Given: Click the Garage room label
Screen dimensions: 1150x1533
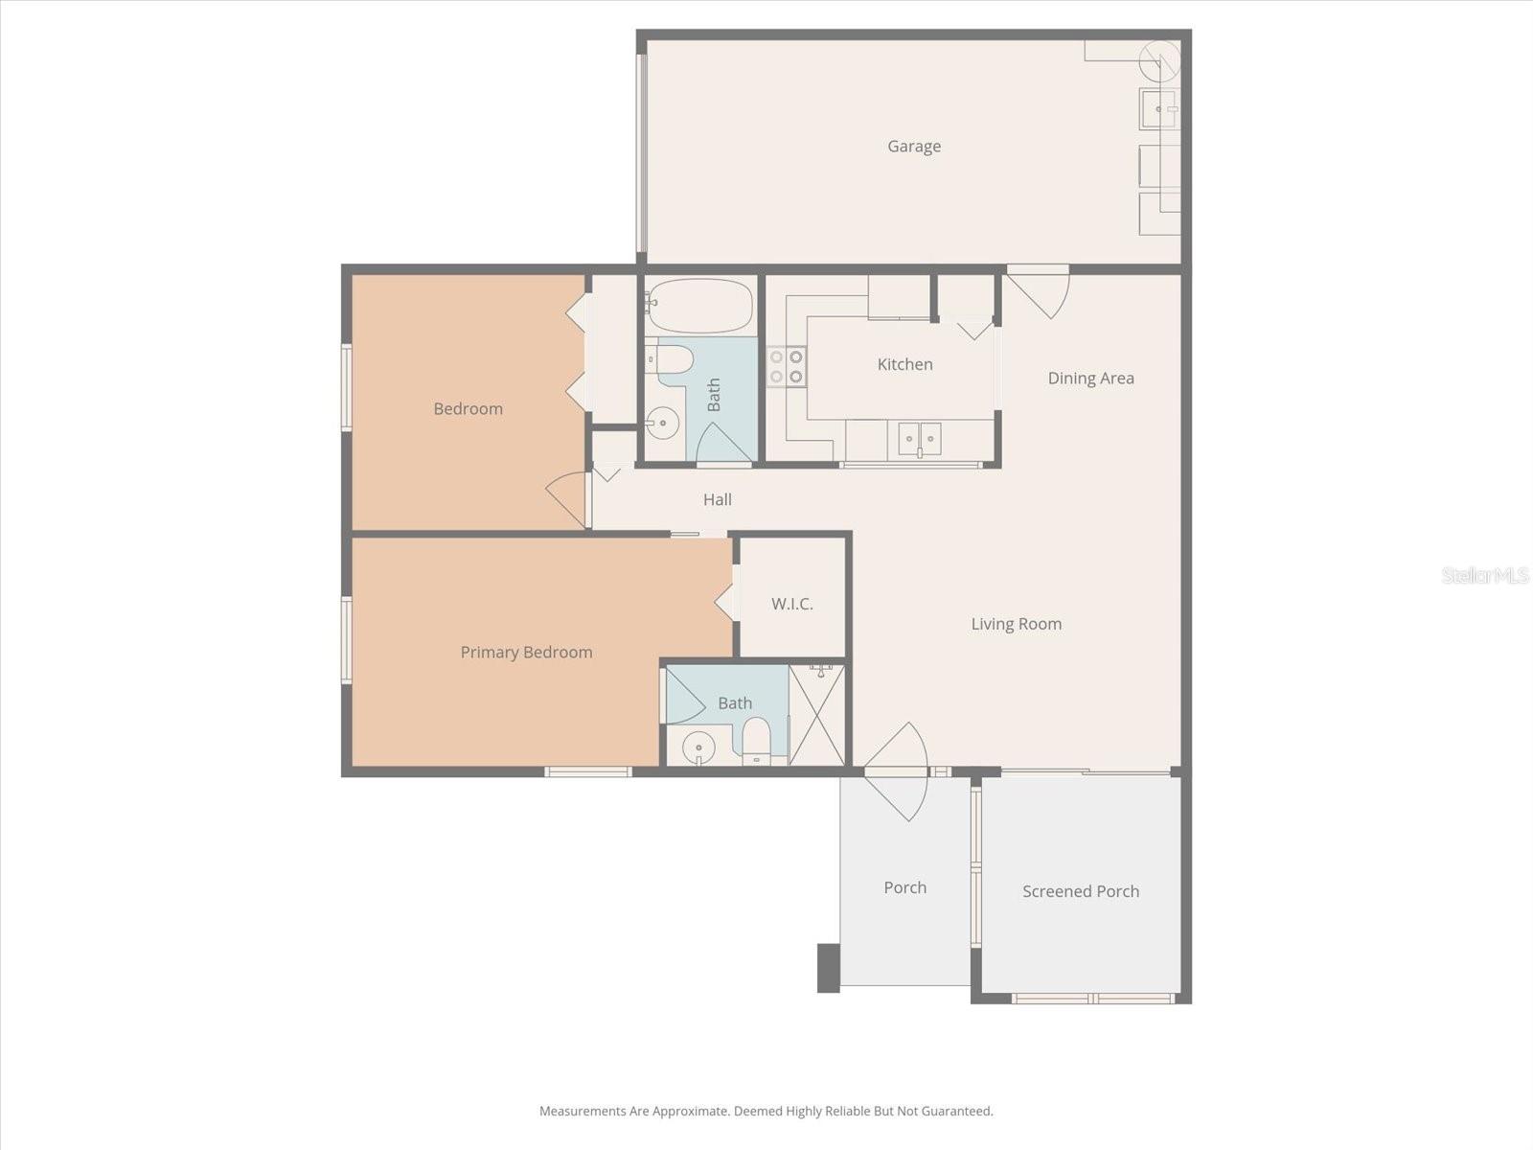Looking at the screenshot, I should [913, 147].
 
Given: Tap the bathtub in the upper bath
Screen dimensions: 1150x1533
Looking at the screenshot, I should [699, 306].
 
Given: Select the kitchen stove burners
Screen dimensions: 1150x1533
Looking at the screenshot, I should [787, 366].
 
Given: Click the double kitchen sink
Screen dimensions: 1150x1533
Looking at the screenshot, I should [919, 439].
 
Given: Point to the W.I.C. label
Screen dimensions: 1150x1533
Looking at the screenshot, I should [791, 604].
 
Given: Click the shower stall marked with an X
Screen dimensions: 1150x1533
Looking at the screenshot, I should [817, 714].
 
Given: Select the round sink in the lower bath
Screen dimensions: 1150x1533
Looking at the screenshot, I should [698, 747].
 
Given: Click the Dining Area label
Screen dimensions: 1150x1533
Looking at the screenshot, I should [1090, 378].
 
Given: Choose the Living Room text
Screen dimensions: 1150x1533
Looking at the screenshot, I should [1016, 624].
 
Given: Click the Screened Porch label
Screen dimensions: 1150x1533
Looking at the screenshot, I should [1080, 891].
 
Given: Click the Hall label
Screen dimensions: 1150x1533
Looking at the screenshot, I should [717, 499].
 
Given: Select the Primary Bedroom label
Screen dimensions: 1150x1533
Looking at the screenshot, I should [526, 653].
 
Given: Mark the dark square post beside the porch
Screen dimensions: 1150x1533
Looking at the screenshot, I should [828, 968].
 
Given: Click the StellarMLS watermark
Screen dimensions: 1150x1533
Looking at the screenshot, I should [1484, 575].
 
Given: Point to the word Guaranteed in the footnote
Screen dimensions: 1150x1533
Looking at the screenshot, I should [956, 1112].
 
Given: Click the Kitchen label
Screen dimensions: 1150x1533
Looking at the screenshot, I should [904, 364].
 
